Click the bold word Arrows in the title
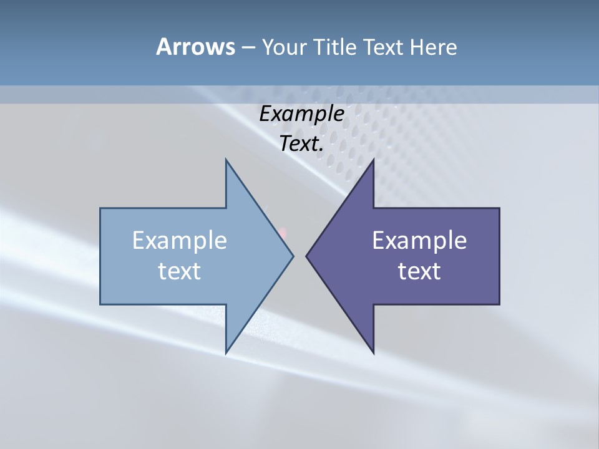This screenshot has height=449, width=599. click(x=195, y=47)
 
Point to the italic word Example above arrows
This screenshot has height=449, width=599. click(x=302, y=114)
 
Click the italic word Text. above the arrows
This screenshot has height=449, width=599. click(x=302, y=144)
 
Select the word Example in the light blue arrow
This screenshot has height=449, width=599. click(x=180, y=241)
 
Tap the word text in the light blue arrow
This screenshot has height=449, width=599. click(x=180, y=271)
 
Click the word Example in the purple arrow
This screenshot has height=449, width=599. click(x=419, y=241)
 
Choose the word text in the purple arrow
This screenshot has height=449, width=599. click(x=419, y=271)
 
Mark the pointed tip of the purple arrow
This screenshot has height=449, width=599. click(x=306, y=256)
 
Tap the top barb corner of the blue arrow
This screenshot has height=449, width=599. click(x=226, y=160)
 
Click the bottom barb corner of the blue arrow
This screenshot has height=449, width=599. click(x=226, y=353)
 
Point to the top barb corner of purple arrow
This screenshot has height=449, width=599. click(x=373, y=160)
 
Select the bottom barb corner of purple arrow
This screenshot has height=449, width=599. click(x=373, y=353)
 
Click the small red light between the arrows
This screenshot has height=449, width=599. click(x=283, y=233)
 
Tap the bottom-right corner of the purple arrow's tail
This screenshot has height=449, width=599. click(x=499, y=304)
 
